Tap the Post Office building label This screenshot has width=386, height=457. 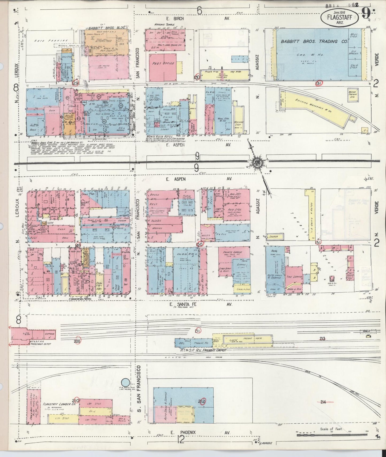click(163, 64)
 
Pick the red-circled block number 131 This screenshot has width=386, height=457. click(318, 83)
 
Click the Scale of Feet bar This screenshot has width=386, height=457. click(331, 435)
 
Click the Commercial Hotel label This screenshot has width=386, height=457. click(80, 299)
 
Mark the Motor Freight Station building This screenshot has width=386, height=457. click(353, 95)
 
